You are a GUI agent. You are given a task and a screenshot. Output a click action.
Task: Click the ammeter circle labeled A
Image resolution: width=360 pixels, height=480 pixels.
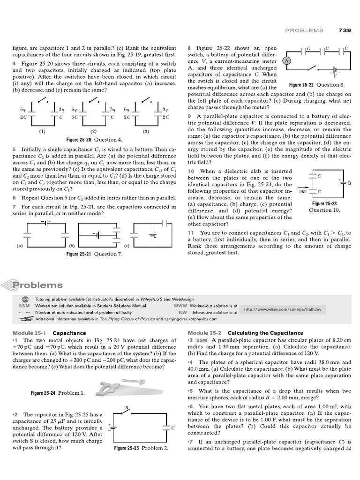pyautogui.click(x=285, y=61)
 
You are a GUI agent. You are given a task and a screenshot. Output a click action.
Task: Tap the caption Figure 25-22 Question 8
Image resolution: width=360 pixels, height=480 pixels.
pyautogui.click(x=316, y=85)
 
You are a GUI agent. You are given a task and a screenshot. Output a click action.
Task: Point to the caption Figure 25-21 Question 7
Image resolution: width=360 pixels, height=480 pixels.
pyautogui.click(x=94, y=254)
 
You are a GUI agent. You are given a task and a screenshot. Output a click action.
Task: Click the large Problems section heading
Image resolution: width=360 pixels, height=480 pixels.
pyautogui.click(x=37, y=285)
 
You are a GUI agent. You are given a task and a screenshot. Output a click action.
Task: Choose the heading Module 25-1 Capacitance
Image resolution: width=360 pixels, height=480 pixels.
pyautogui.click(x=49, y=333)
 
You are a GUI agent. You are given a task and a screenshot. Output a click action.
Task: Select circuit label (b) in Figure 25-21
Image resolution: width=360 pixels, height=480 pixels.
pyautogui.click(x=72, y=245)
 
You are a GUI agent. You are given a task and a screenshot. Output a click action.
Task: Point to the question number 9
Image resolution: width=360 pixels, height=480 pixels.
pyautogui.click(x=189, y=116)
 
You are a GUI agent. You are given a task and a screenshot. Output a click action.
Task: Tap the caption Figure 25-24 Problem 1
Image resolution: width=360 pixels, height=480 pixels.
pyautogui.click(x=58, y=392)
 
